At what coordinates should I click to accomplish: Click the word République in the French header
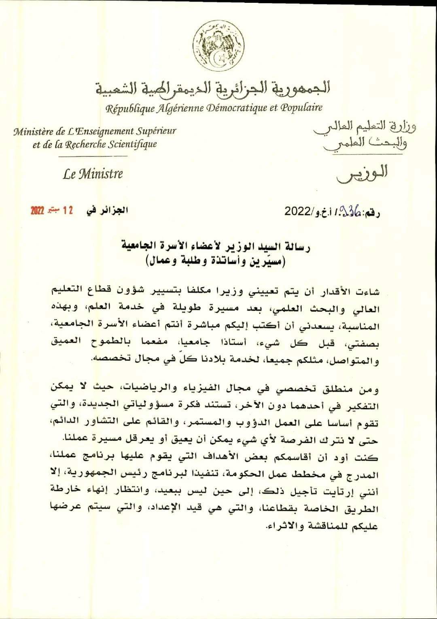click(128, 108)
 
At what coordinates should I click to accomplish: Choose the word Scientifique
click(132, 144)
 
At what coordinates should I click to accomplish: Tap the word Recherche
click(85, 144)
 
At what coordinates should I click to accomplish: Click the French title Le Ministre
click(93, 174)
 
